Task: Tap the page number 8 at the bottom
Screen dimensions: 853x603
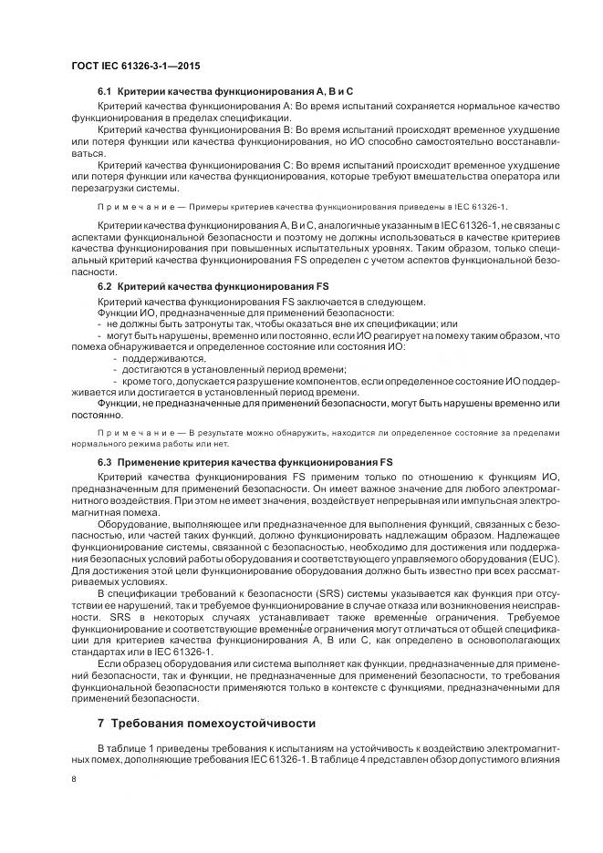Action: [74, 779]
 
